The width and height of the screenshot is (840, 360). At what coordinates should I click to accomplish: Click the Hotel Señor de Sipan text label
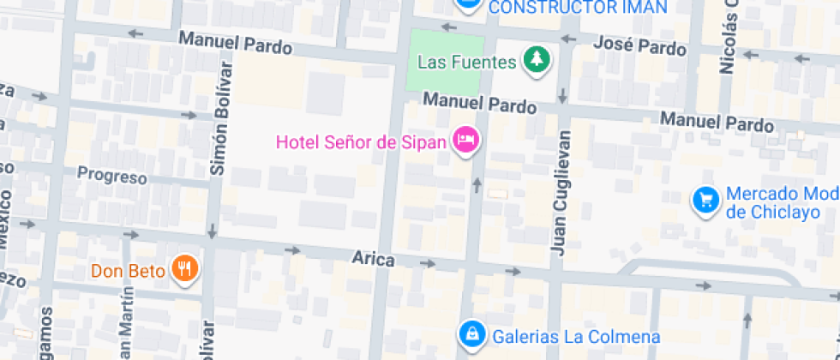point(361,141)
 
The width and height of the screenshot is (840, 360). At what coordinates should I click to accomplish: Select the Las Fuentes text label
point(466,62)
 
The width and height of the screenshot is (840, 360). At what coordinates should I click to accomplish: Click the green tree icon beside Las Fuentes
point(538,60)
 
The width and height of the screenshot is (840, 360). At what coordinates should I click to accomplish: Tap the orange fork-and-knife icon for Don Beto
point(184,270)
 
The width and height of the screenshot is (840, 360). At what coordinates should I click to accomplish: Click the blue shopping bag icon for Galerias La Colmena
point(471,333)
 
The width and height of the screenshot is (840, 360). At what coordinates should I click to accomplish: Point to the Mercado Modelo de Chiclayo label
point(779,203)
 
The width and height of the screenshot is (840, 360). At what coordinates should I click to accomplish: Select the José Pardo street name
point(639,45)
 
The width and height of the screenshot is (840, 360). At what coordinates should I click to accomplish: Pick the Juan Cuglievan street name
point(562,193)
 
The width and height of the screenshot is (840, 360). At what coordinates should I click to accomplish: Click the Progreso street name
point(112,176)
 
